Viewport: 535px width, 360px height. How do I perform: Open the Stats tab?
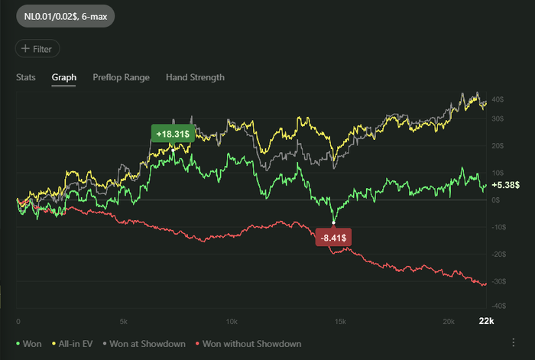click(26, 77)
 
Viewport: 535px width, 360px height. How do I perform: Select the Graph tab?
click(63, 77)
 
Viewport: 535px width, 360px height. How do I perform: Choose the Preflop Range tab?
click(121, 77)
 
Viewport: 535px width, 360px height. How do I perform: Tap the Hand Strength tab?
click(195, 77)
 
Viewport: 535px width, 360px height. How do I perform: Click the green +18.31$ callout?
click(173, 134)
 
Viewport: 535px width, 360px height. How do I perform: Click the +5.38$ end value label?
click(507, 185)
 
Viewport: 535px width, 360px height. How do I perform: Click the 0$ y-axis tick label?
click(496, 199)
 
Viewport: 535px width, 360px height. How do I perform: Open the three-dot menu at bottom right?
click(514, 341)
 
